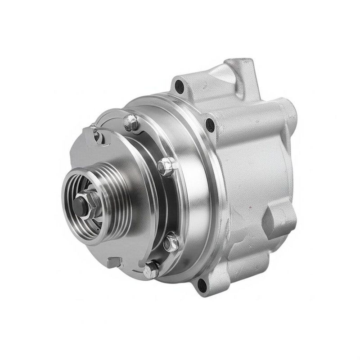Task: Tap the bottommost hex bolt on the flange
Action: (x=151, y=268)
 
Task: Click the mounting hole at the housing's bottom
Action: (x=201, y=283)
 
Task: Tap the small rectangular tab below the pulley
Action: (x=114, y=262)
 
